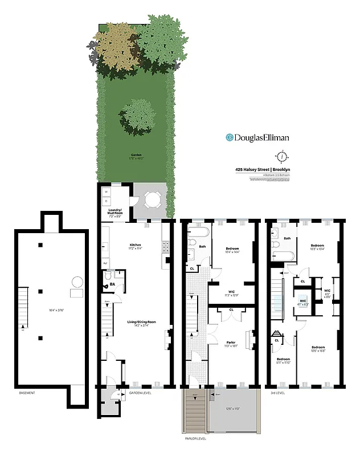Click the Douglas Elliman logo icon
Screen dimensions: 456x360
[230, 137]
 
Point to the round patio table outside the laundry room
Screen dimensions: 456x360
[152, 199]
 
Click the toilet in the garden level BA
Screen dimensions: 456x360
[107, 278]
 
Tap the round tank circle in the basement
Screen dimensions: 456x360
[77, 282]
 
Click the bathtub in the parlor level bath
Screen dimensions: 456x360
[198, 233]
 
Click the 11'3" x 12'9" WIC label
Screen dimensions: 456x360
[231, 294]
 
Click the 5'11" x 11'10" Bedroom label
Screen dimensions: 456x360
[284, 361]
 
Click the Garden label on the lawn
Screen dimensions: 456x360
[136, 155]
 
